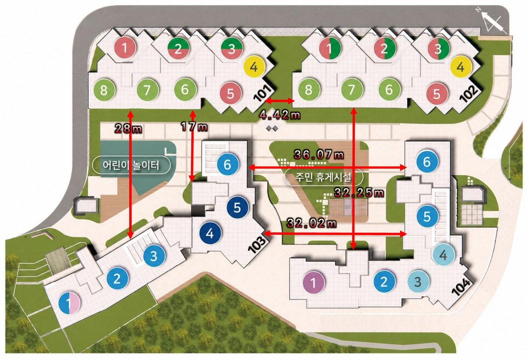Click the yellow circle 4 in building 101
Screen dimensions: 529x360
tap(254, 67)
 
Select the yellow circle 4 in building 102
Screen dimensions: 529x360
tap(461, 67)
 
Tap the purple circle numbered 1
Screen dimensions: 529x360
tap(313, 282)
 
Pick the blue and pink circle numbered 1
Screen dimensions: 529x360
tap(69, 302)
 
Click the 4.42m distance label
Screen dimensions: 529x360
tap(280, 115)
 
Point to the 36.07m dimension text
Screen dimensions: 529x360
tap(319, 155)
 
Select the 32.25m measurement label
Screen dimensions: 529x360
tap(359, 193)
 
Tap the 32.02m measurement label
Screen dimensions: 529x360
tap(312, 223)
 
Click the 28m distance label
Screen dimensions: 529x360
tap(128, 129)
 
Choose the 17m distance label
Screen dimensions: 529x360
tap(194, 127)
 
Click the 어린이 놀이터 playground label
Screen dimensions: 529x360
tap(131, 165)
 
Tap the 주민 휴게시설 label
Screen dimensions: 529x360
tap(323, 178)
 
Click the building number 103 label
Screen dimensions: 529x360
tap(257, 245)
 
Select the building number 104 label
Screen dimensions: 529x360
tap(461, 287)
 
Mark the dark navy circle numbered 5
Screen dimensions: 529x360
tap(237, 207)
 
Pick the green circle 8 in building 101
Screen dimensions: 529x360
tap(104, 90)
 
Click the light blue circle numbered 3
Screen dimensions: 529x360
tap(418, 282)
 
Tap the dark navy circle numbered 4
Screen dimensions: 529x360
tap(210, 234)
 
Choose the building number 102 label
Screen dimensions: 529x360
tap(468, 94)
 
